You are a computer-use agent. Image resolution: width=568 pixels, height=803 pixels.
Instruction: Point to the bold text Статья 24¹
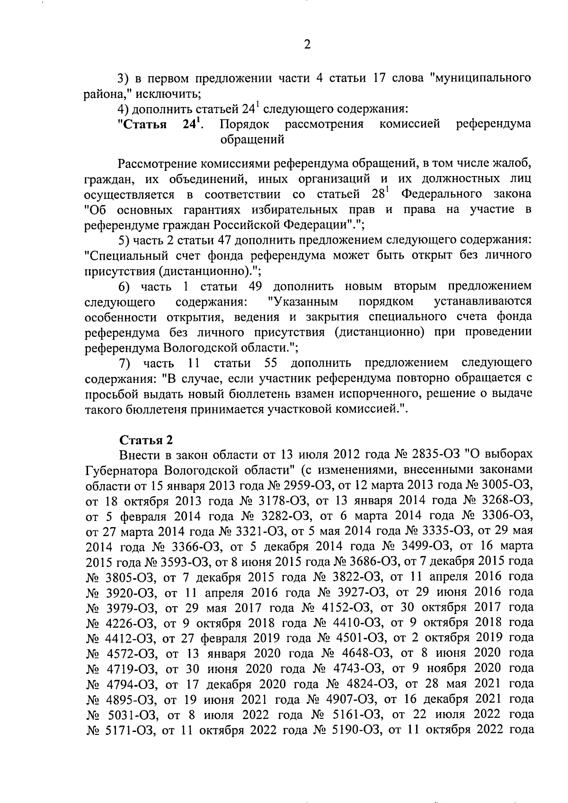pos(161,124)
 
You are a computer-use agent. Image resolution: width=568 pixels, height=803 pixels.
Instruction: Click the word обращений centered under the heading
pos(252,140)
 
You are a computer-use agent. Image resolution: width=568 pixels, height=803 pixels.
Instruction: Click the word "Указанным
pos(302,301)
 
